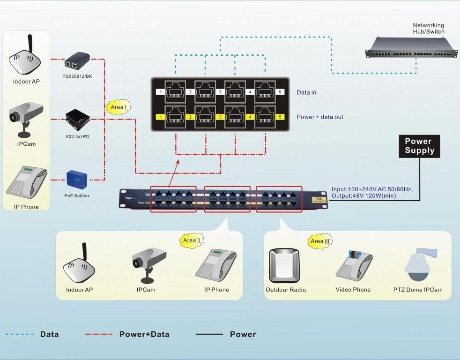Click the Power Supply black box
[420, 146]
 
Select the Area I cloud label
[118, 107]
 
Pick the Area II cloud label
[192, 240]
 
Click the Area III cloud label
[320, 241]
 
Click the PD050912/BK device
[77, 60]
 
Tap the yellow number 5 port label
[279, 117]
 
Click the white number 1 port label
[160, 92]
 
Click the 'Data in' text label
[306, 92]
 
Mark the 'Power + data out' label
[320, 117]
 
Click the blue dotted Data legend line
[20, 334]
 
